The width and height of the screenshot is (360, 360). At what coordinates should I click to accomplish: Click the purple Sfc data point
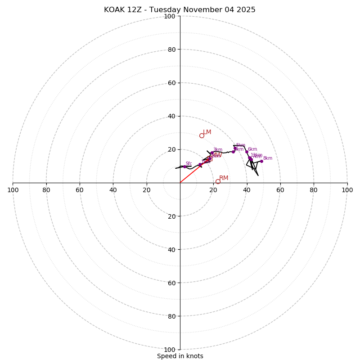[x=184, y=166]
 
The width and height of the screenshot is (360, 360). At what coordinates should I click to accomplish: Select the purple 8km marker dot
[x=261, y=161]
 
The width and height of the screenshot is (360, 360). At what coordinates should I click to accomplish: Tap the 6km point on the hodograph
[x=247, y=152]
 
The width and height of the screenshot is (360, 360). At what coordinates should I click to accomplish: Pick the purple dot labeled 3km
[x=212, y=153]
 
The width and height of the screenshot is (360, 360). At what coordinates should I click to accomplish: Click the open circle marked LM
[x=202, y=135]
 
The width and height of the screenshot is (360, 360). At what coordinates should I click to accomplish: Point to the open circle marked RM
[x=218, y=181]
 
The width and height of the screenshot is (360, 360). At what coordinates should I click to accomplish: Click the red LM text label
[x=207, y=132]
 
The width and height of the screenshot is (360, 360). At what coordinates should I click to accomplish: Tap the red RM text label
[x=224, y=178]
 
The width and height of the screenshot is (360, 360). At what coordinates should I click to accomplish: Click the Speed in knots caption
[x=180, y=356]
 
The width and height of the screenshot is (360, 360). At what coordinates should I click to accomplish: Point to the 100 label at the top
[x=170, y=16]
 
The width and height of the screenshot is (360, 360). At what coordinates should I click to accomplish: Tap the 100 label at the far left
[x=13, y=190]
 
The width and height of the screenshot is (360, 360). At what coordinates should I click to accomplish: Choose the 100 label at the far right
[x=347, y=190]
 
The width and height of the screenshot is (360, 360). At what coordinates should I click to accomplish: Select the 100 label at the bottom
[x=170, y=350]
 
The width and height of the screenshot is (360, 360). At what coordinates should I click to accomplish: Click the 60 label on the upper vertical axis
[x=171, y=83]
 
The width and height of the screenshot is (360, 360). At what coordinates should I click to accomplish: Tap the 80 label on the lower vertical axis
[x=171, y=316]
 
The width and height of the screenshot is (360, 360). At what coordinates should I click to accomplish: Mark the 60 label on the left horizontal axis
[x=80, y=190]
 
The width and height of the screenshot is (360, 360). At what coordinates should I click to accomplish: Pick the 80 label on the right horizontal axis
[x=314, y=190]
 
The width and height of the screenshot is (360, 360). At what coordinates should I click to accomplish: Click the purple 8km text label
[x=268, y=158]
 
